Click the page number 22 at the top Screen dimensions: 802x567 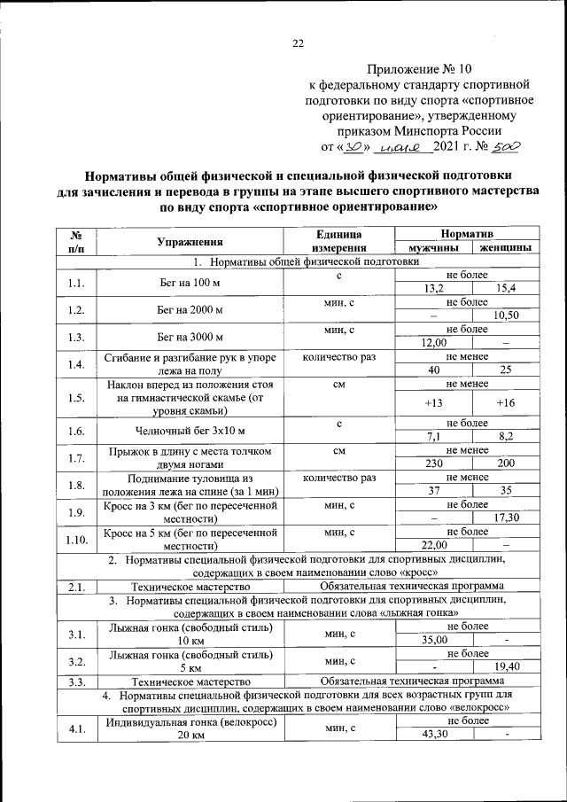[298, 43]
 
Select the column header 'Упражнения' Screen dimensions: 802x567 [189, 240]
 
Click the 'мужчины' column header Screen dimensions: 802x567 [433, 247]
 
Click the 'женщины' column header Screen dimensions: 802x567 [502, 247]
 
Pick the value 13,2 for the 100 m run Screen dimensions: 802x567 [433, 289]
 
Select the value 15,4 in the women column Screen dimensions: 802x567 [506, 289]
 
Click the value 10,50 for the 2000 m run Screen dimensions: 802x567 [506, 315]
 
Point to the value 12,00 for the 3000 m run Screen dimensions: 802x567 [433, 343]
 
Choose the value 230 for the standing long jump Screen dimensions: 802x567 [433, 463]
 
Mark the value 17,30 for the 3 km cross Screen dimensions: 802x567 [506, 518]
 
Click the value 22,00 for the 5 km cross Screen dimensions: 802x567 [433, 544]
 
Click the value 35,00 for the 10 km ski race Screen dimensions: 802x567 [433, 640]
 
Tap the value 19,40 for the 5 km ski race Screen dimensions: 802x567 [506, 666]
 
